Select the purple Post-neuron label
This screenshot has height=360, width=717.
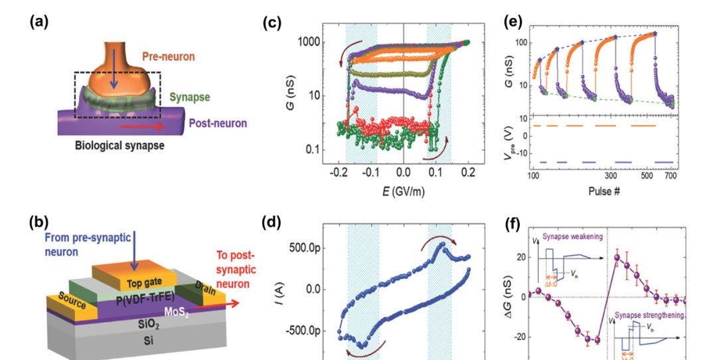coord(218,123)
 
